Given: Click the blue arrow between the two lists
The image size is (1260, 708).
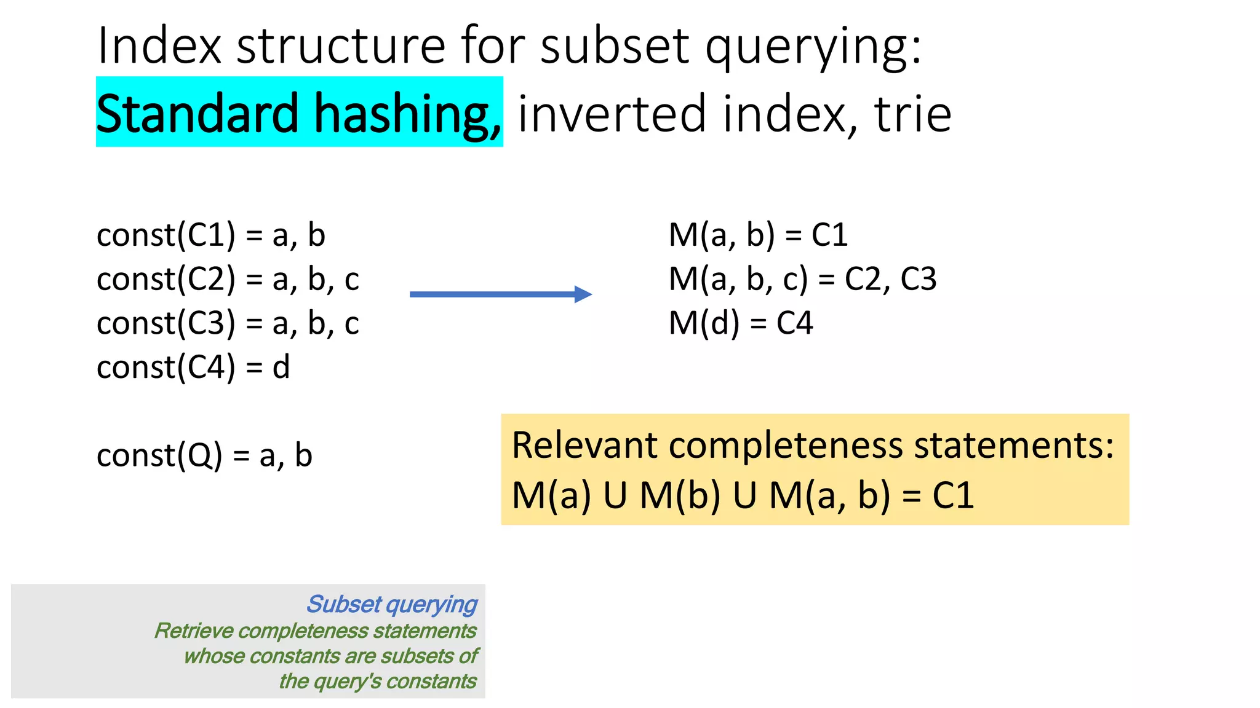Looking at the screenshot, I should [500, 294].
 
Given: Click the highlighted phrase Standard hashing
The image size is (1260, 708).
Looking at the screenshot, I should [299, 113].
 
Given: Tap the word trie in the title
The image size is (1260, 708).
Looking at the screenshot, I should [913, 114].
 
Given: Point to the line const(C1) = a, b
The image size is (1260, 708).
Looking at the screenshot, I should [211, 235].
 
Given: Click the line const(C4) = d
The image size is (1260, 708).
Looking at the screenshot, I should [193, 368].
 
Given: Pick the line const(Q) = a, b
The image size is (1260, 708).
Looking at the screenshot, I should [204, 456].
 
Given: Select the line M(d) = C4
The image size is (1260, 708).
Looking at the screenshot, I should [741, 323].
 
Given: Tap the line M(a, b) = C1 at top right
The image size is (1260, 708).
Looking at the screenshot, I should [758, 235].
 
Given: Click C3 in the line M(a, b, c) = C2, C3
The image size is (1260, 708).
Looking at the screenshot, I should [919, 280].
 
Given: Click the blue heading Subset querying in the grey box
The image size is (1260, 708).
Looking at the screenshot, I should [392, 605].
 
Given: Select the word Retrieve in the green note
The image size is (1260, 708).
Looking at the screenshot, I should [193, 631].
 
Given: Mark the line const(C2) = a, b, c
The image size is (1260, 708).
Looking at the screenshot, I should [228, 280].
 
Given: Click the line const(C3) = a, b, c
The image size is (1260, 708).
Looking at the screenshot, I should [228, 324].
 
